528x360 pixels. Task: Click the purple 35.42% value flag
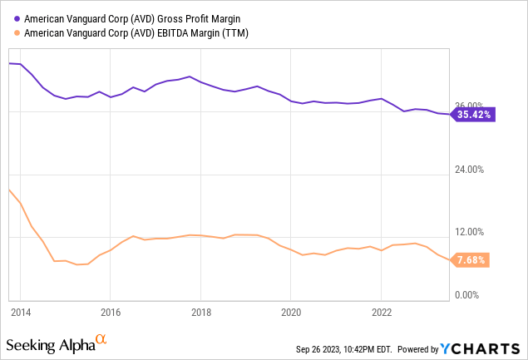[475, 115]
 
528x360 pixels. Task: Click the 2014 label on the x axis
[21, 313]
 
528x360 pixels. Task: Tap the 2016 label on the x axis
[111, 313]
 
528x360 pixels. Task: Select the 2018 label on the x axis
[200, 313]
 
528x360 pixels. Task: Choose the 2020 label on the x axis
[290, 313]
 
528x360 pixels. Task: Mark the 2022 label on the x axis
[381, 313]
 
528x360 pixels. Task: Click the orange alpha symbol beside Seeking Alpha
[101, 340]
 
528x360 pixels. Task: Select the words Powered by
[422, 347]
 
